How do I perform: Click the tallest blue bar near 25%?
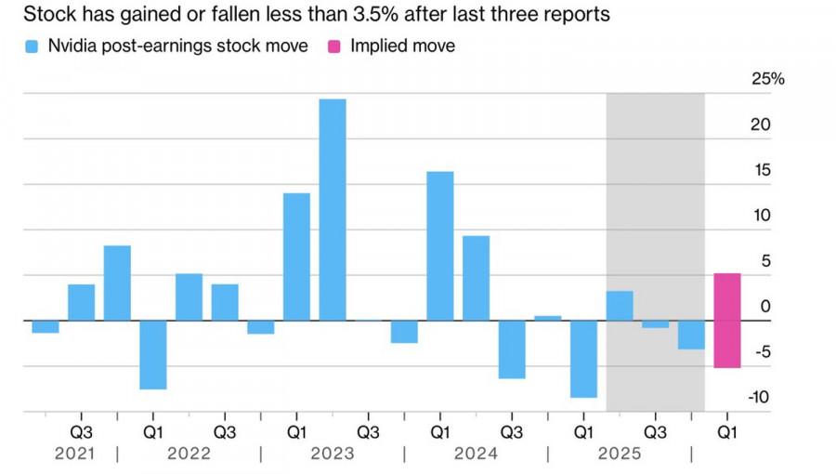coord(333,209)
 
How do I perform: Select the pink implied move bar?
coord(726,321)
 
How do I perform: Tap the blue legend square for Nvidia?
coord(33,46)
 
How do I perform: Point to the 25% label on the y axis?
coord(767,80)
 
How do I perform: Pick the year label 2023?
coord(333,454)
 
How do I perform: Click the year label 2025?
coord(619,454)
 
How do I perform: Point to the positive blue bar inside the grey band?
coord(620,306)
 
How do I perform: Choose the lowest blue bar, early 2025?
coord(583,359)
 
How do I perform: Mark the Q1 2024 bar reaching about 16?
coord(440,246)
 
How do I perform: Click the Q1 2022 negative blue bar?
coord(153,355)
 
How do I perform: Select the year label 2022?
coord(189,454)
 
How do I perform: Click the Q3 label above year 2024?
coord(512,432)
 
